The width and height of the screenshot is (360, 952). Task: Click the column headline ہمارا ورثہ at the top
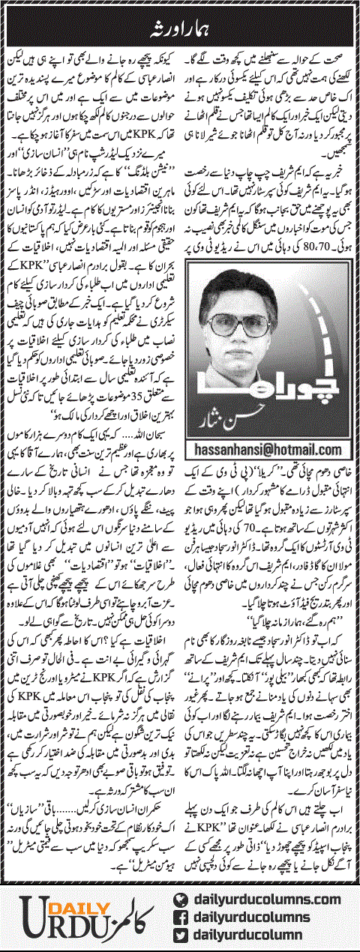pos(181,13)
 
